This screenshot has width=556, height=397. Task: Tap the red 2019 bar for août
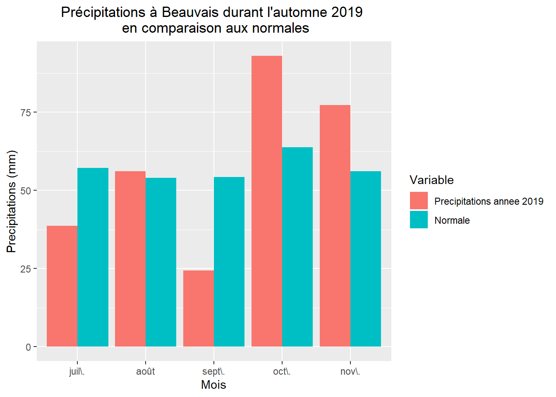coord(130,259)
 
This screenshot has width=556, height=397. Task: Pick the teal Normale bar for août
coord(161,262)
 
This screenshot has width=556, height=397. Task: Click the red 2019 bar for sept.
coord(199,309)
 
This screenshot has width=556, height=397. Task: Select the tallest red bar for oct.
coord(267,201)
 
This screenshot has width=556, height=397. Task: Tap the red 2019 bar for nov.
coord(335,226)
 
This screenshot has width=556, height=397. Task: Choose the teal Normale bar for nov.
coord(366,259)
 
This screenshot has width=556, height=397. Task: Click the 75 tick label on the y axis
coord(26,112)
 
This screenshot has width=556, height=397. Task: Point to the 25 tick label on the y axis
coord(26,269)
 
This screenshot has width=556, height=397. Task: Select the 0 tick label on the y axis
coord(29,347)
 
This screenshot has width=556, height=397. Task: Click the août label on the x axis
coord(146,371)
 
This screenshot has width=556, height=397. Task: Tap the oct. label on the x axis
coord(282,371)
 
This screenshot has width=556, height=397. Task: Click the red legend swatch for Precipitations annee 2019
coord(419,201)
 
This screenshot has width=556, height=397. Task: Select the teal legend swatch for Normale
coord(419,220)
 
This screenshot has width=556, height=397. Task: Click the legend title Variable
coord(431,180)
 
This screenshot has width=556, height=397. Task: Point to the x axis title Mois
coord(213,385)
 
